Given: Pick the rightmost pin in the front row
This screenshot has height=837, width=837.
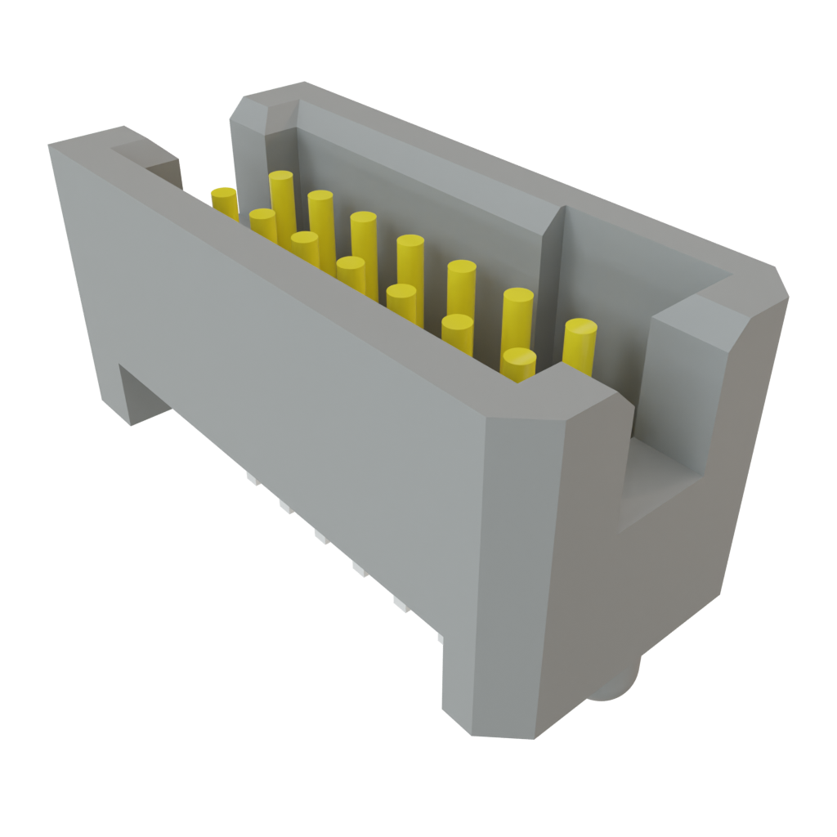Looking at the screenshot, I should (x=519, y=364).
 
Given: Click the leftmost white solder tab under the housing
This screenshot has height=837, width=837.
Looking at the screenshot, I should (x=248, y=477).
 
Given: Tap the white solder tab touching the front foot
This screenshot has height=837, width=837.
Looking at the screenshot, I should (x=438, y=635).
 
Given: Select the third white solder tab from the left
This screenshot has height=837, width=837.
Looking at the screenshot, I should (x=319, y=536).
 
